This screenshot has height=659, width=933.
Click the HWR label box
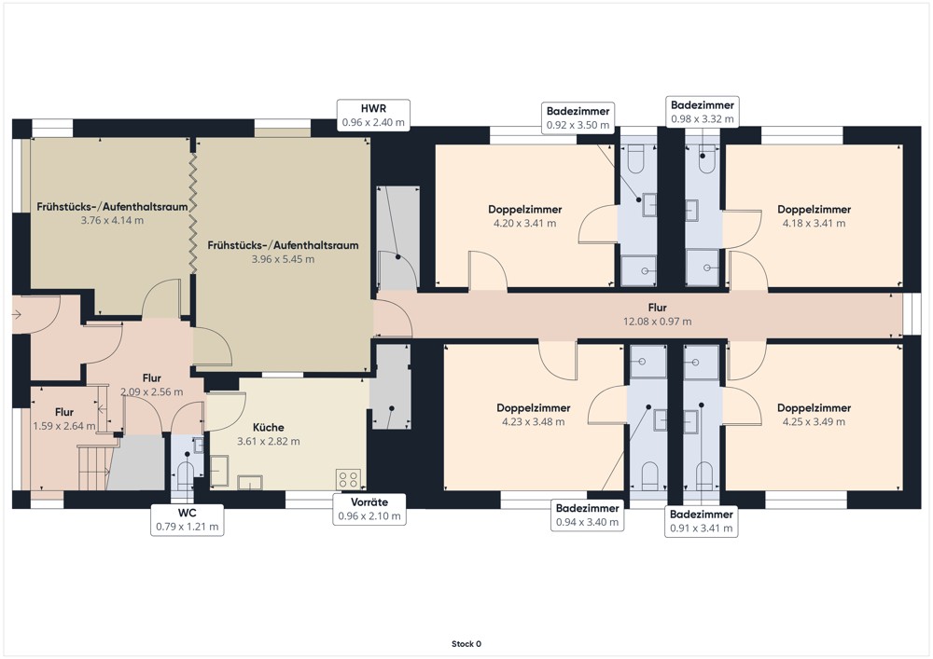pyautogui.click(x=373, y=116)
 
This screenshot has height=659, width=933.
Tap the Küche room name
pyautogui.click(x=269, y=427)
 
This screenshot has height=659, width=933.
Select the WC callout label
pyautogui.click(x=187, y=520)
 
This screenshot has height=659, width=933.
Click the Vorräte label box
pyautogui.click(x=369, y=509)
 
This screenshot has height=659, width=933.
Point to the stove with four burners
pyautogui.click(x=348, y=479)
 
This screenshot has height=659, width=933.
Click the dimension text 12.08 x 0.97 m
pyautogui.click(x=657, y=322)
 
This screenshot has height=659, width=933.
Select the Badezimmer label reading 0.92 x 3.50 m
pyautogui.click(x=578, y=117)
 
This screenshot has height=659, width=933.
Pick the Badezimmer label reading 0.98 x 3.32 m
pyautogui.click(x=703, y=112)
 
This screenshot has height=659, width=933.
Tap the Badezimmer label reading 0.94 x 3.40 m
pyautogui.click(x=587, y=515)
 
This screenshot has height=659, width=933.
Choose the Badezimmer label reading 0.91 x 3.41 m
pyautogui.click(x=702, y=521)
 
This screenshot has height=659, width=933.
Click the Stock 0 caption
pyautogui.click(x=466, y=643)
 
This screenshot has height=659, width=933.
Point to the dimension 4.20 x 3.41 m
pyautogui.click(x=524, y=224)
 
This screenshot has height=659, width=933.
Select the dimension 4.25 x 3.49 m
pyautogui.click(x=814, y=422)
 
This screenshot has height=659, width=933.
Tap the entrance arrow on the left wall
pyautogui.click(x=16, y=314)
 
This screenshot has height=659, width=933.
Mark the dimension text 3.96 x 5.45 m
pyautogui.click(x=283, y=259)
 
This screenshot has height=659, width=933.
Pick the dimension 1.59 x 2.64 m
pyautogui.click(x=64, y=426)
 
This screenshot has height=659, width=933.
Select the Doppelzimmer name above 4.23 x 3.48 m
pyautogui.click(x=533, y=407)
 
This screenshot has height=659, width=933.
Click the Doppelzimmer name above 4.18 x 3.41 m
pyautogui.click(x=814, y=209)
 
